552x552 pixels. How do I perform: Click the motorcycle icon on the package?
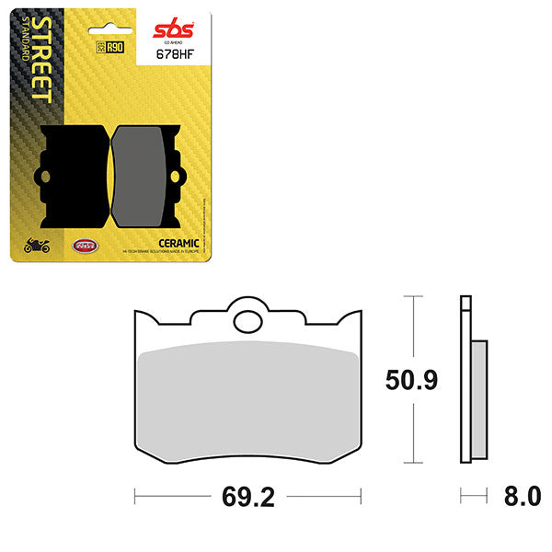coord(36,246)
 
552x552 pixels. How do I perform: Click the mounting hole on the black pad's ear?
coord(40,177)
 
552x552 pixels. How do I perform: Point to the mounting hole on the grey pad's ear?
coord(181,177)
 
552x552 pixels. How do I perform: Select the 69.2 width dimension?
coord(247,498)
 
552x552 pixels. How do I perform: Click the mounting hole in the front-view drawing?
coord(247,321)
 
